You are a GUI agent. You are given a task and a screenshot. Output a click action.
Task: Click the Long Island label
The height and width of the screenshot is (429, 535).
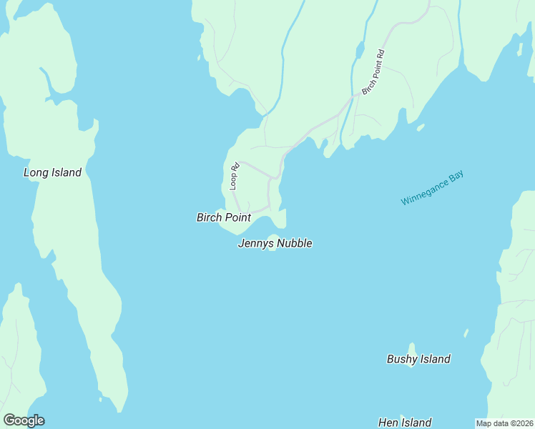pyautogui.click(x=52, y=172)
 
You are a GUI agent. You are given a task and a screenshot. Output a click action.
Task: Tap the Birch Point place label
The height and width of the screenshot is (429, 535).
pyautogui.click(x=223, y=217)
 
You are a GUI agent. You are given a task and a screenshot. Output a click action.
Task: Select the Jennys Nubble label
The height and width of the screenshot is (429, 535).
pyautogui.click(x=275, y=244)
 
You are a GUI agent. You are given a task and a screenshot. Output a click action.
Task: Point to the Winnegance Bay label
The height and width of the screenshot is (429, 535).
pyautogui.click(x=432, y=189)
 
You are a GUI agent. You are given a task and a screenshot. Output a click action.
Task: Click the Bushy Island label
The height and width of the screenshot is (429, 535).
pyautogui.click(x=418, y=359)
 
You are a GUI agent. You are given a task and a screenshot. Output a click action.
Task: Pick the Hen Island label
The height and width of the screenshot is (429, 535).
pyautogui.click(x=405, y=423)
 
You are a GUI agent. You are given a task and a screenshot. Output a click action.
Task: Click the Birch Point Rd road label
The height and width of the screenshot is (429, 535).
pyautogui.click(x=373, y=71)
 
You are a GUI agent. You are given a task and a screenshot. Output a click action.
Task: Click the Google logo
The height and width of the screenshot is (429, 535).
pyautogui.click(x=24, y=420)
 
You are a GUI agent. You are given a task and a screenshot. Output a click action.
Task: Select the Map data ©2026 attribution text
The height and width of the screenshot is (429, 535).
pyautogui.click(x=504, y=423)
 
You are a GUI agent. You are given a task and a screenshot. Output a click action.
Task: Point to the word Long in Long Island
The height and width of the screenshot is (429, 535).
pyautogui.click(x=36, y=172)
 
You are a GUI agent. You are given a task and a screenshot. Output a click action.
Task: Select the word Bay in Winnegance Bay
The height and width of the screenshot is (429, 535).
pyautogui.click(x=456, y=176)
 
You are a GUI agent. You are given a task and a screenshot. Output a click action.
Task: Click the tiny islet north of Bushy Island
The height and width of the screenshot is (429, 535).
pyautogui.click(x=466, y=332)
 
